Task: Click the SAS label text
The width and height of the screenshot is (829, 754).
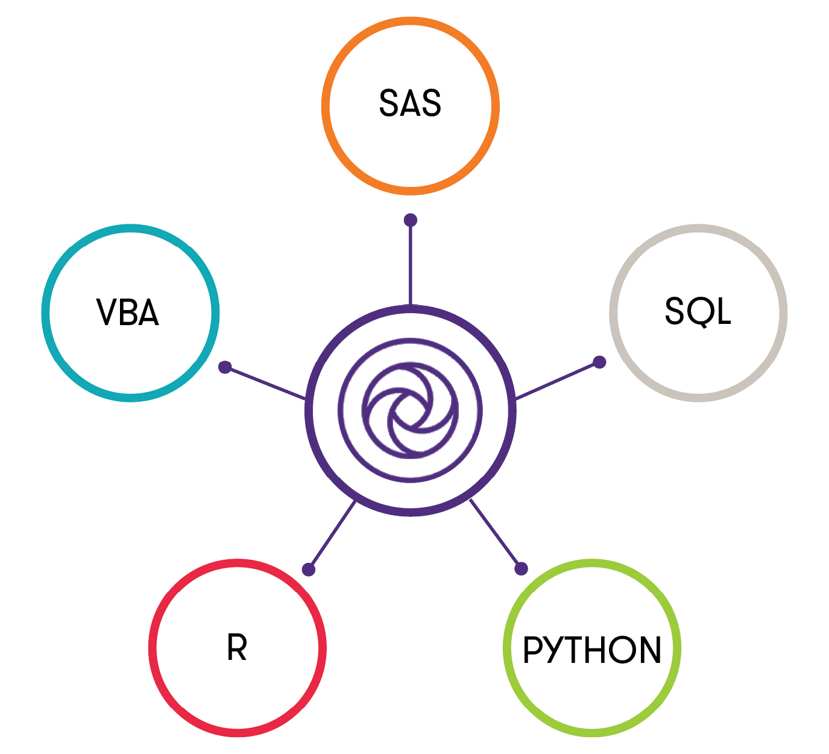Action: [410, 103]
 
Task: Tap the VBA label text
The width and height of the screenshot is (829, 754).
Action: [128, 312]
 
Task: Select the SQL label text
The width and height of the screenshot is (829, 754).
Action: [698, 312]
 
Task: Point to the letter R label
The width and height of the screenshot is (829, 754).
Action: [237, 648]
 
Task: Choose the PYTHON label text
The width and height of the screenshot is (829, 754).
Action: [592, 650]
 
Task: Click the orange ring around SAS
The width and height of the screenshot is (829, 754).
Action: [326, 106]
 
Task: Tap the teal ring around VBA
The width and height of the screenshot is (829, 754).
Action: [46, 312]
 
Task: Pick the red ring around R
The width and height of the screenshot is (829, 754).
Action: [153, 648]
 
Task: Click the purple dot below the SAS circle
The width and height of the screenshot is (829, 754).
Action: [411, 220]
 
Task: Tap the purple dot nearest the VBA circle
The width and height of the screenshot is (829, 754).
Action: [225, 367]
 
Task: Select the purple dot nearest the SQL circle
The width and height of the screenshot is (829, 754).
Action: [599, 362]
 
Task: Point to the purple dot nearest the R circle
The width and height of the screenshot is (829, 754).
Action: [309, 569]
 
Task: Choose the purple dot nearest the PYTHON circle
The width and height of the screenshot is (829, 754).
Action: [522, 568]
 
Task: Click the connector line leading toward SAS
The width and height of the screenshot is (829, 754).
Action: [411, 265]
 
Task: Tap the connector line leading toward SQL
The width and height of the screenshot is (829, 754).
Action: [558, 380]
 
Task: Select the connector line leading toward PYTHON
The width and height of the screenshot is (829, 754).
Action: [496, 534]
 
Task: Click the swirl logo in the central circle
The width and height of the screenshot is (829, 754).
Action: [411, 410]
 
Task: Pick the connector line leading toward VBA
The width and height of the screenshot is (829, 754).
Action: [265, 382]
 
